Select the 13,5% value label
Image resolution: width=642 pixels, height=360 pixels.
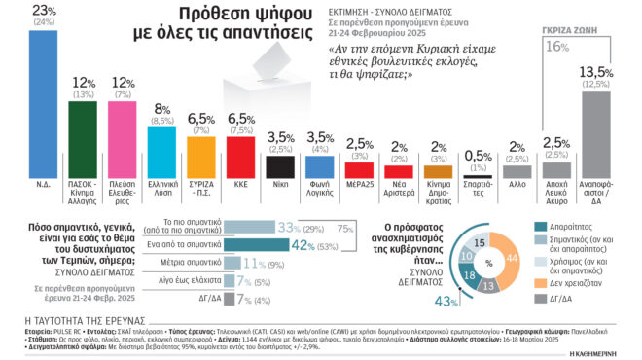coord(594,71)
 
